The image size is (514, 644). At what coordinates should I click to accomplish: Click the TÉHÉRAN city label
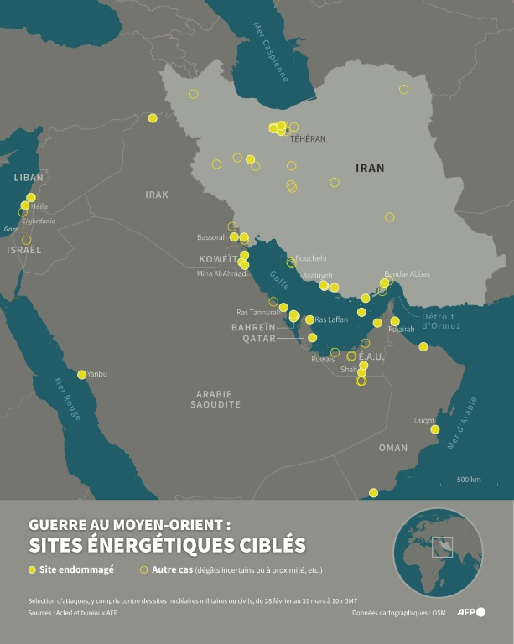(308, 138)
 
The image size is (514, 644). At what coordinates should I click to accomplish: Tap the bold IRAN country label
(370, 168)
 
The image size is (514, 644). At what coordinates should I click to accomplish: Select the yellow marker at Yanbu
(81, 375)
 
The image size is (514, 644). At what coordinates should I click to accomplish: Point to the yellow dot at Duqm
(435, 429)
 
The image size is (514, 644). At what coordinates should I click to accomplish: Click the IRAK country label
(157, 195)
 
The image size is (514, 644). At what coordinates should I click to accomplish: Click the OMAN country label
(393, 448)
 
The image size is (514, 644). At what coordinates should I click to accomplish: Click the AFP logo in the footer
(470, 612)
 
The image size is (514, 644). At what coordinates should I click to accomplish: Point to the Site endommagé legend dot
(33, 570)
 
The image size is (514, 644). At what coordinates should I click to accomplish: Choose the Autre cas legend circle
(143, 570)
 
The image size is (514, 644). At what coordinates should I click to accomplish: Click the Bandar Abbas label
(407, 274)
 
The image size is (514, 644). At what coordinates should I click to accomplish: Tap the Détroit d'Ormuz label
(438, 320)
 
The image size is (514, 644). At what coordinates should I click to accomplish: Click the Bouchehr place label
(311, 258)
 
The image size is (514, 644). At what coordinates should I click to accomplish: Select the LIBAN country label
(29, 178)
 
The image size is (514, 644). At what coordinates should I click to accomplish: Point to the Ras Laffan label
(331, 319)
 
